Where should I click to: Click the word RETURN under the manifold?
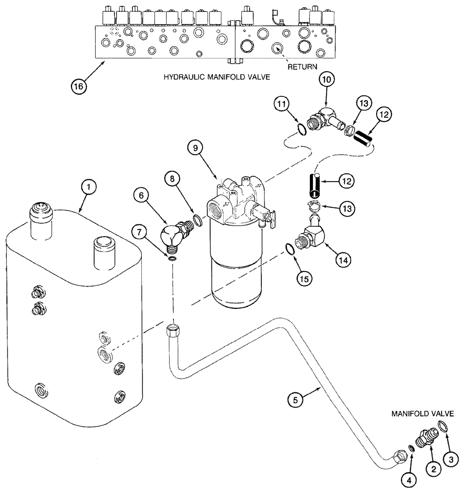[x=303, y=66]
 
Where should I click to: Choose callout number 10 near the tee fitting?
[x=328, y=79]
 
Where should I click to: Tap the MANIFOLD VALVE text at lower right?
[x=423, y=415]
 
